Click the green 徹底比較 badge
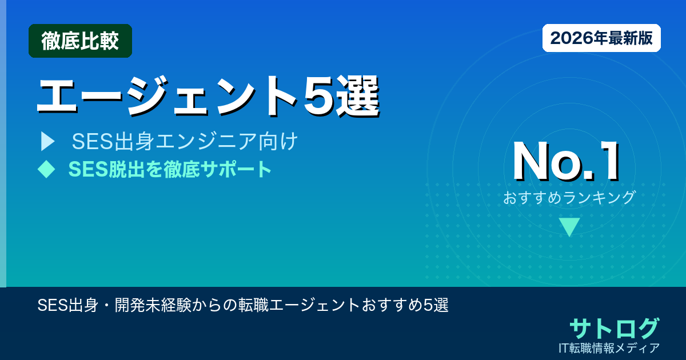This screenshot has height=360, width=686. pyautogui.click(x=80, y=41)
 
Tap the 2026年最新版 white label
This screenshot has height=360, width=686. pyautogui.click(x=601, y=38)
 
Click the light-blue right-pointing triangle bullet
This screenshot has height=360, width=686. pyautogui.click(x=47, y=142)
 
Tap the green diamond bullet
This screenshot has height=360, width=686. pyautogui.click(x=46, y=169)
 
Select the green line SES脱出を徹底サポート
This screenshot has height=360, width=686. pyautogui.click(x=170, y=169)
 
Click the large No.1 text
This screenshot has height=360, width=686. pyautogui.click(x=566, y=162)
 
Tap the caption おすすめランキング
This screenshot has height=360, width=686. pyautogui.click(x=569, y=198)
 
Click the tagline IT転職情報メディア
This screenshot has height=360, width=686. pyautogui.click(x=609, y=348)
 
